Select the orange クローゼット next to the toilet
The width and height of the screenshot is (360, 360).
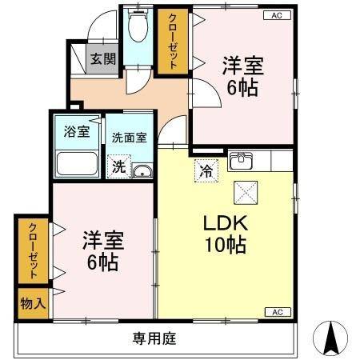click(169, 41)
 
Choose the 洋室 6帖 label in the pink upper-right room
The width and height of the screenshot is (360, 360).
click(242, 77)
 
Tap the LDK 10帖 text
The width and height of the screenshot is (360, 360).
click(226, 234)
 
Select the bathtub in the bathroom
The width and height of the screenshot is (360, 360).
click(77, 164)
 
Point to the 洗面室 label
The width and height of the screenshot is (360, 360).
click(129, 137)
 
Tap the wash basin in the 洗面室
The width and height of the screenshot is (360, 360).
click(142, 170)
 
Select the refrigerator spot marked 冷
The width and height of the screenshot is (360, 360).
click(205, 169)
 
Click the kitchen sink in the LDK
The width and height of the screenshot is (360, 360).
click(241, 161)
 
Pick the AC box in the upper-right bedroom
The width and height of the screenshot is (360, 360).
click(277, 15)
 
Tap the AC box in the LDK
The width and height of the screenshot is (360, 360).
click(277, 312)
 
